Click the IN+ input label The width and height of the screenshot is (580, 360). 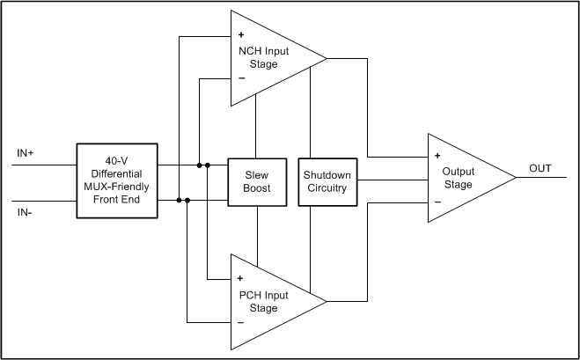tap(26, 153)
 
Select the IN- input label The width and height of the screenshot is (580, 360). tap(26, 213)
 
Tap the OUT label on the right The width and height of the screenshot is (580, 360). tap(540, 168)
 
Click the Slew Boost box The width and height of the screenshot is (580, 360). tap(256, 181)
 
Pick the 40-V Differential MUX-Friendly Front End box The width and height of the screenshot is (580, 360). tap(116, 180)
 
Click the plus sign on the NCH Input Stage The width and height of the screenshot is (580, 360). tap(241, 35)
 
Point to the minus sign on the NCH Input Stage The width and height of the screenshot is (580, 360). tap(241, 78)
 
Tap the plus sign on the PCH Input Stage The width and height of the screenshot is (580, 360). tap(241, 278)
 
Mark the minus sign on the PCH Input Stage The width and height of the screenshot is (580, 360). tap(241, 321)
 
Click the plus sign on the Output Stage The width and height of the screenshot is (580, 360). tap(437, 157)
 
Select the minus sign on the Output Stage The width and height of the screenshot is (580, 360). tap(437, 202)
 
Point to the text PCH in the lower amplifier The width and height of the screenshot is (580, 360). tap(251, 294)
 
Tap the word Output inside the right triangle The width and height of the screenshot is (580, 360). tap(459, 172)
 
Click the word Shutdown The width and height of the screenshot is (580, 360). tap(326, 175)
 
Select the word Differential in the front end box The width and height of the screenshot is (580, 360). tap(116, 174)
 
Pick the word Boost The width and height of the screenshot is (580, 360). tap(256, 187)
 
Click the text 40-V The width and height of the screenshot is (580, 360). tap(116, 162)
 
